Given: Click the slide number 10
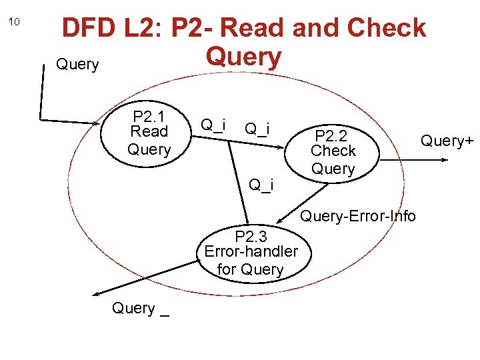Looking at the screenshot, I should pyautogui.click(x=15, y=22).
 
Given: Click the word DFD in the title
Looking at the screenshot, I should pyautogui.click(x=87, y=29).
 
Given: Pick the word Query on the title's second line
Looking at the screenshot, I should pyautogui.click(x=243, y=57).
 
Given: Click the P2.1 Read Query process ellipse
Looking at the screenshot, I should pyautogui.click(x=149, y=131).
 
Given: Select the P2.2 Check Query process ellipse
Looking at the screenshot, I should pyautogui.click(x=333, y=151).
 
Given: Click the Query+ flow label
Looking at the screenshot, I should pyautogui.click(x=447, y=141).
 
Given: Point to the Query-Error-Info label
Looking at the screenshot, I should pyautogui.click(x=358, y=215).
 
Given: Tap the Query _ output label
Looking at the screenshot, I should pyautogui.click(x=141, y=309).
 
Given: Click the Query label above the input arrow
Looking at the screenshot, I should pyautogui.click(x=77, y=65).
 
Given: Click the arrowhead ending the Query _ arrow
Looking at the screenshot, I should pyautogui.click(x=95, y=293).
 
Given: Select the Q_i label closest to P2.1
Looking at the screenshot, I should pyautogui.click(x=213, y=124).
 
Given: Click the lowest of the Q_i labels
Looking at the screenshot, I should pyautogui.click(x=261, y=184).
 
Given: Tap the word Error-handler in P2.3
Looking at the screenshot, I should pyautogui.click(x=251, y=252).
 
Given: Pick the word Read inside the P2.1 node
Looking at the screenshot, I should pyautogui.click(x=149, y=131).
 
